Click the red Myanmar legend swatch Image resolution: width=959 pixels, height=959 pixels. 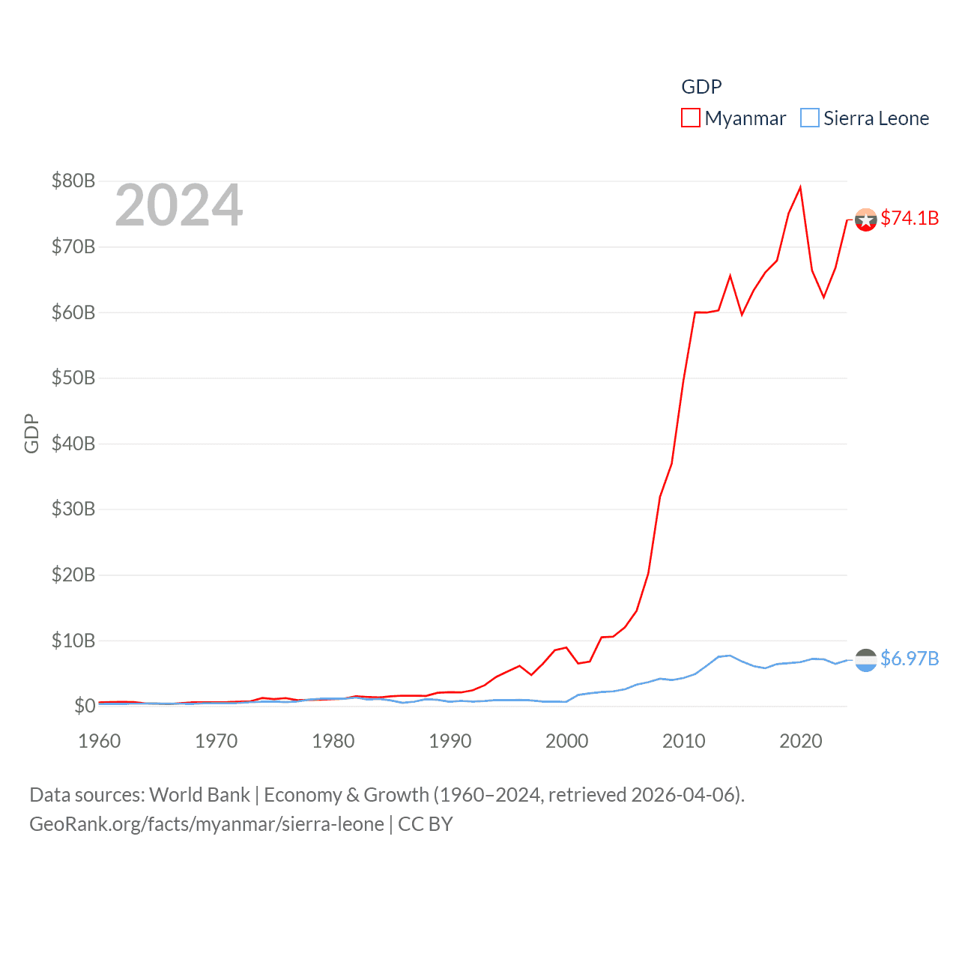(x=690, y=118)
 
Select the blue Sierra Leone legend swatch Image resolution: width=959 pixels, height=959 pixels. (x=810, y=118)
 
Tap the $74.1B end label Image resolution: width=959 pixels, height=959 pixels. (x=910, y=218)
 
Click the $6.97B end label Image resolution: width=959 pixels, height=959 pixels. (x=910, y=659)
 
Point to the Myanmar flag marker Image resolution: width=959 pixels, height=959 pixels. (x=866, y=220)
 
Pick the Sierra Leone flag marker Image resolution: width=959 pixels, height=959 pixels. (x=866, y=660)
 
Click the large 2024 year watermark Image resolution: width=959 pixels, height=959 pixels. (x=178, y=205)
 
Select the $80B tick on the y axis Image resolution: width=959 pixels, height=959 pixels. (x=73, y=181)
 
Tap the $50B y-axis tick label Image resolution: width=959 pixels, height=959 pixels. (x=73, y=378)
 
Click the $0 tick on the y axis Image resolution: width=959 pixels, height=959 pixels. (x=85, y=706)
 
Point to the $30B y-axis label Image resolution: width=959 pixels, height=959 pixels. (x=73, y=509)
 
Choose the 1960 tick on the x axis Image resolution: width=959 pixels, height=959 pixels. (x=100, y=741)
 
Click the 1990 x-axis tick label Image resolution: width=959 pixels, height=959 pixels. (x=450, y=741)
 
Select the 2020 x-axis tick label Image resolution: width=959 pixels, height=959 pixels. (x=801, y=741)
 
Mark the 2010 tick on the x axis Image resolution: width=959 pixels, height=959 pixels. (x=684, y=741)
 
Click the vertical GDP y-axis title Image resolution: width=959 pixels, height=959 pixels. (x=31, y=433)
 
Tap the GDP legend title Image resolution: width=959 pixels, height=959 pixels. (x=701, y=87)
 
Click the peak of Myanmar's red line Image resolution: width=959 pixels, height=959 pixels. (x=800, y=187)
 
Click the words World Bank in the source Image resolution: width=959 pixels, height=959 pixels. (x=200, y=794)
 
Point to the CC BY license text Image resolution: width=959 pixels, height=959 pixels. (x=426, y=824)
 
